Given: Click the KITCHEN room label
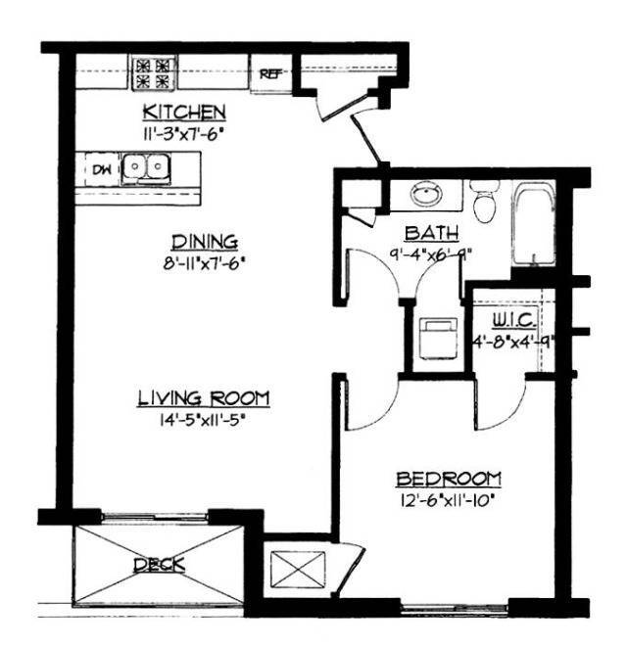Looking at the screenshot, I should [184, 111].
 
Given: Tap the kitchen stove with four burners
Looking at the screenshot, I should [154, 71].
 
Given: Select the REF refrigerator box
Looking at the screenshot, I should [267, 71].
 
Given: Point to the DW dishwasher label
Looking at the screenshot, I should [100, 169].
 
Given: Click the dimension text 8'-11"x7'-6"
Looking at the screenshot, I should [206, 261].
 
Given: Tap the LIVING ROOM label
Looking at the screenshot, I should [204, 397].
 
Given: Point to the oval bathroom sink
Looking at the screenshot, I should [427, 195].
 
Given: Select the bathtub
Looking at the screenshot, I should [533, 226].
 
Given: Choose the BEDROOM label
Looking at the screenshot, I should [449, 480].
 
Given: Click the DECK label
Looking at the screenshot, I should [159, 566].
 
